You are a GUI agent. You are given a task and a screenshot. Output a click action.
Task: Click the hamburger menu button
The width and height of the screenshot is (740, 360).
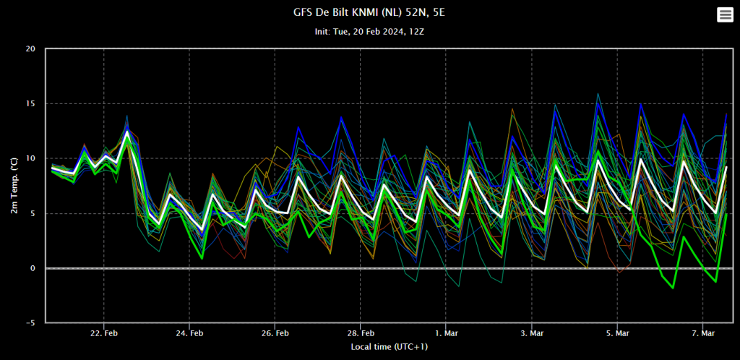(x=725, y=15)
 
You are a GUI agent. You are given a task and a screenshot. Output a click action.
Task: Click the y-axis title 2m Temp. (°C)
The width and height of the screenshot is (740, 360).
(x=14, y=186)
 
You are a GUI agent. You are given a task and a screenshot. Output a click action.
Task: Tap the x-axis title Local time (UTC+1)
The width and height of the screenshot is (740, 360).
(x=390, y=347)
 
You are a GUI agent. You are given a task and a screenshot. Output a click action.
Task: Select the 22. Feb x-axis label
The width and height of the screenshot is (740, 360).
(x=104, y=333)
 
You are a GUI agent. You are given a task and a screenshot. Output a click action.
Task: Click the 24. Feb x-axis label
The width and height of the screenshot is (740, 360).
(x=189, y=333)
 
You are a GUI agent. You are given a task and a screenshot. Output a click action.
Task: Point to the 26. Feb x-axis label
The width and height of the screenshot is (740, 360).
(x=275, y=333)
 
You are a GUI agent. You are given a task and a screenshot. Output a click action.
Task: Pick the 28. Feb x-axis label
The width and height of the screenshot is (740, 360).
(x=361, y=333)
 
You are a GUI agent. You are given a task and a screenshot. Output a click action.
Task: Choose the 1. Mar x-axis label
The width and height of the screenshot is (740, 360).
(x=446, y=333)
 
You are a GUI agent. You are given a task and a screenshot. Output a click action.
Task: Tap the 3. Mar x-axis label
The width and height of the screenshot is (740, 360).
(x=532, y=333)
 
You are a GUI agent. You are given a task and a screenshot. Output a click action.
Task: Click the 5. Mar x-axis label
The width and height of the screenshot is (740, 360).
(x=617, y=333)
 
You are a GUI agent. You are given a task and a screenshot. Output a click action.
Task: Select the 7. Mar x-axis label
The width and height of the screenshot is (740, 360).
(x=703, y=333)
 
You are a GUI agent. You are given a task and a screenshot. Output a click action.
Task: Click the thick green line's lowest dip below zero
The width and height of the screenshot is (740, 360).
(x=673, y=288)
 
